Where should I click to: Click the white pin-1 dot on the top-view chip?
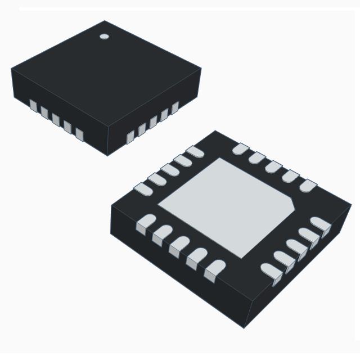pyautogui.click(x=104, y=37)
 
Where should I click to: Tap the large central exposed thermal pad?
pyautogui.click(x=225, y=205)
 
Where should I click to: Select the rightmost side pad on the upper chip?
pyautogui.click(x=175, y=107)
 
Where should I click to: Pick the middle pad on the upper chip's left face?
pyautogui.click(x=56, y=120)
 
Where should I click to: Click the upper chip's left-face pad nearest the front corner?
pyautogui.click(x=79, y=134)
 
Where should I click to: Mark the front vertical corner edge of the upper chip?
pyautogui.click(x=107, y=141)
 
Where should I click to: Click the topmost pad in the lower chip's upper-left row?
pyautogui.click(x=195, y=151)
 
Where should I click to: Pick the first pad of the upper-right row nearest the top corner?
pyautogui.click(x=241, y=149)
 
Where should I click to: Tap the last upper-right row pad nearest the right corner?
pyautogui.click(x=308, y=185)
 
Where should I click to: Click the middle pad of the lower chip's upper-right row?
pyautogui.click(x=274, y=167)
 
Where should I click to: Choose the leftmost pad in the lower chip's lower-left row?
pyautogui.click(x=146, y=223)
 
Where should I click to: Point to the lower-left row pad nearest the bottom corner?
pyautogui.click(x=214, y=271)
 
